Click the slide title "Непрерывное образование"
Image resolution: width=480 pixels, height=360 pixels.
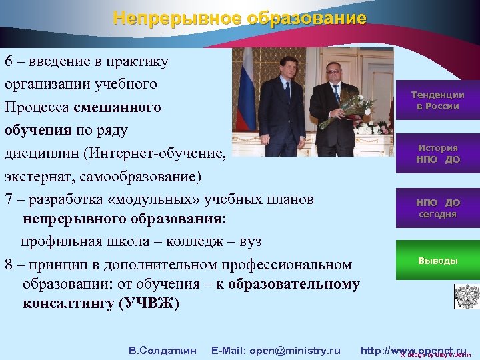[x=239, y=18]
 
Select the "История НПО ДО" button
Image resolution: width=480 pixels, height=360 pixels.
[x=437, y=154]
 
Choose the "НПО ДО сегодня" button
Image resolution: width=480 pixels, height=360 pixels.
[x=437, y=208]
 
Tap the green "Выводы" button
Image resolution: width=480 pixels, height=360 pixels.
[x=437, y=261]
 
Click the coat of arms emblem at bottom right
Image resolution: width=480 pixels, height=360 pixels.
[x=466, y=295]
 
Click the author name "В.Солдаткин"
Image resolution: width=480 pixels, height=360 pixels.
[x=162, y=350]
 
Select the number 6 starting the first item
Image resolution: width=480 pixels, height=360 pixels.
[x=9, y=62]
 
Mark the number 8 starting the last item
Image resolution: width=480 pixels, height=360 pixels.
[x=9, y=264]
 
